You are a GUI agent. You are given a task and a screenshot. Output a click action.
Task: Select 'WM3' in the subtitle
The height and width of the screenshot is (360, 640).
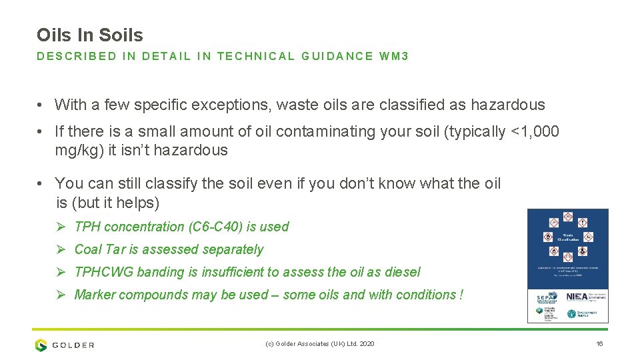click(394, 57)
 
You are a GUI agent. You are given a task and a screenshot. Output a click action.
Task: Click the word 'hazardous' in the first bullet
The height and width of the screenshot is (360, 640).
click(508, 105)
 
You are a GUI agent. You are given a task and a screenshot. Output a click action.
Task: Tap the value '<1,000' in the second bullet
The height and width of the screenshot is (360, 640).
click(535, 132)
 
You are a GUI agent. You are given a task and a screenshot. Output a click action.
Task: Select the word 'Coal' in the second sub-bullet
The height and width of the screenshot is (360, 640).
click(87, 249)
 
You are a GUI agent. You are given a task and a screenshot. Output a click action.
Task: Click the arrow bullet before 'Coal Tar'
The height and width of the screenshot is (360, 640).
click(60, 249)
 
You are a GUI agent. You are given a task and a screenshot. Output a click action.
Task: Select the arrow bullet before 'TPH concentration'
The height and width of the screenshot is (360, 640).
click(60, 227)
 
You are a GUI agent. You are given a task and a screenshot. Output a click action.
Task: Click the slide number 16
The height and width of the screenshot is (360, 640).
click(599, 344)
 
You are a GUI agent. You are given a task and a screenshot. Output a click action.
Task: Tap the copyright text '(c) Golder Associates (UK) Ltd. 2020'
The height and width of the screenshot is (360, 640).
click(320, 344)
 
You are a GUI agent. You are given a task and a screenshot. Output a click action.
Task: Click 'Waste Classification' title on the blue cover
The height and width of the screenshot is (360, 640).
click(568, 237)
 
